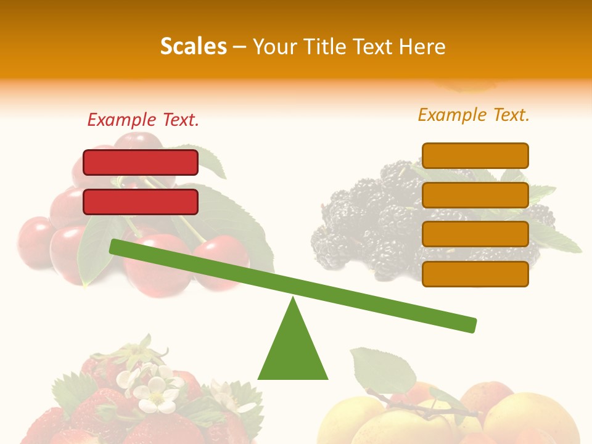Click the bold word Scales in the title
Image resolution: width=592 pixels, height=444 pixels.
[194, 47]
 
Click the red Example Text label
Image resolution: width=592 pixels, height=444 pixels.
[143, 120]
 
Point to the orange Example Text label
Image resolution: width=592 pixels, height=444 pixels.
[474, 115]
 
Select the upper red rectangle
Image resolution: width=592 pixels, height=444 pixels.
[141, 162]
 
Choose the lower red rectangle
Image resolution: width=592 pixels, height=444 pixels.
[141, 202]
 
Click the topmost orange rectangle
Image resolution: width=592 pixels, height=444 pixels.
[475, 155]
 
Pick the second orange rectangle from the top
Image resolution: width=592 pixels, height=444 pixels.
[475, 195]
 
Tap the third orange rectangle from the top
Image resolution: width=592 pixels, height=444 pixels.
[475, 234]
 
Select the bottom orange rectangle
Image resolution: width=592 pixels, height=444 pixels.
[475, 274]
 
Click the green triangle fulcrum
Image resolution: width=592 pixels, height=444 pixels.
[293, 351]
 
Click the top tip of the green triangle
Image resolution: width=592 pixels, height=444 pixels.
[293, 300]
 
